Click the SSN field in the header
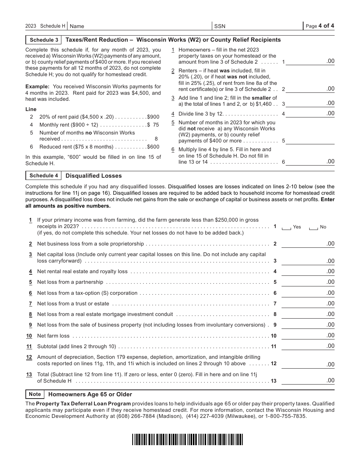(x=258, y=26)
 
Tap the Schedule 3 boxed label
(x=44, y=40)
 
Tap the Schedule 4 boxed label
(x=44, y=176)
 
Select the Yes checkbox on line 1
(x=286, y=227)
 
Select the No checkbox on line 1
(x=313, y=227)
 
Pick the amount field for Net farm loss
(x=308, y=336)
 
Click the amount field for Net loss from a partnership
(x=308, y=282)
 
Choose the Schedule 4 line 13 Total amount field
(x=308, y=381)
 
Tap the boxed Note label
(x=35, y=394)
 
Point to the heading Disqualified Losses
(x=94, y=176)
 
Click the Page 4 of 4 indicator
(x=319, y=26)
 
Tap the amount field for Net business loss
(x=308, y=244)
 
